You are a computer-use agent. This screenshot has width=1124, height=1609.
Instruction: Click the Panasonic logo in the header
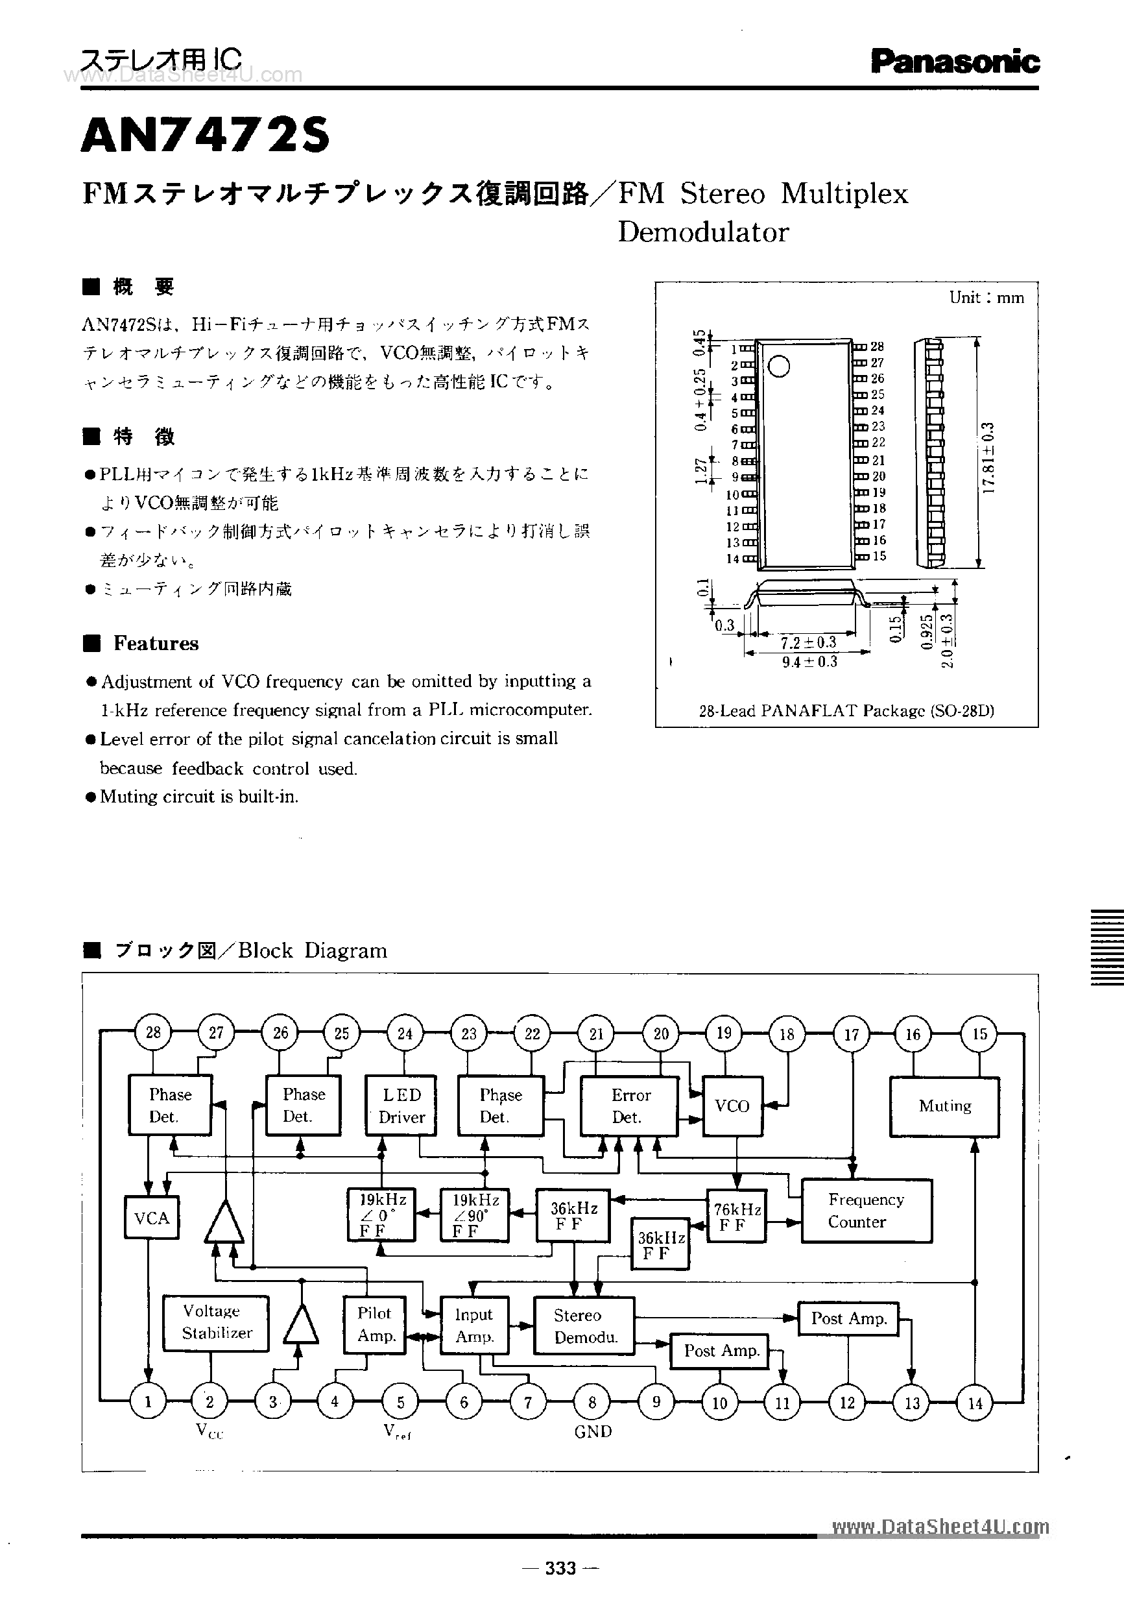pyautogui.click(x=955, y=62)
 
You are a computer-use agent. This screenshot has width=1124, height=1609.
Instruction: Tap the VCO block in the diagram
pyautogui.click(x=732, y=1106)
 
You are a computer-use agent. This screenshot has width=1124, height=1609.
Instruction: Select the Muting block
pyautogui.click(x=944, y=1106)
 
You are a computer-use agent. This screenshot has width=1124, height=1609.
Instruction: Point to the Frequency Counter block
pyautogui.click(x=866, y=1210)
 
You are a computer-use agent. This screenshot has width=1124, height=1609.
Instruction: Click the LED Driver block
pyautogui.click(x=401, y=1106)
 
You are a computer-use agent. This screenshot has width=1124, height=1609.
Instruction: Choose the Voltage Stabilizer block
pyautogui.click(x=216, y=1322)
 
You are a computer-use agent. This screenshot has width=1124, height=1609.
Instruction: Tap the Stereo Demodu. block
pyautogui.click(x=584, y=1326)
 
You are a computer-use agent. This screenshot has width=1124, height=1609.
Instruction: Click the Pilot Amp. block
pyautogui.click(x=376, y=1324)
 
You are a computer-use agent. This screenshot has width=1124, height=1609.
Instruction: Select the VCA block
pyautogui.click(x=151, y=1218)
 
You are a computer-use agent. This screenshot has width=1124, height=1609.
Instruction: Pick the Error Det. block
pyautogui.click(x=629, y=1106)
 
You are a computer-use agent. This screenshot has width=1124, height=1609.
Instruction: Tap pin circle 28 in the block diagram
pyautogui.click(x=153, y=1032)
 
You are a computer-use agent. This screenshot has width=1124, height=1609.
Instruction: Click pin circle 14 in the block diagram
pyautogui.click(x=975, y=1402)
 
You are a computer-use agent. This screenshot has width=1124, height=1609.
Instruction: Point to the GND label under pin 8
pyautogui.click(x=593, y=1432)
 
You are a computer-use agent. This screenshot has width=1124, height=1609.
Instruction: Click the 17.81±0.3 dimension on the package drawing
pyautogui.click(x=988, y=457)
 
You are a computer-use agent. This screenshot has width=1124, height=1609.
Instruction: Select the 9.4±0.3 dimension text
pyautogui.click(x=809, y=662)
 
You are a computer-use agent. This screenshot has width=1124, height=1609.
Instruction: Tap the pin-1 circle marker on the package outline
pyautogui.click(x=779, y=366)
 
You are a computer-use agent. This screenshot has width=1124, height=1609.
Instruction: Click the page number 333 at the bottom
pyautogui.click(x=560, y=1567)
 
